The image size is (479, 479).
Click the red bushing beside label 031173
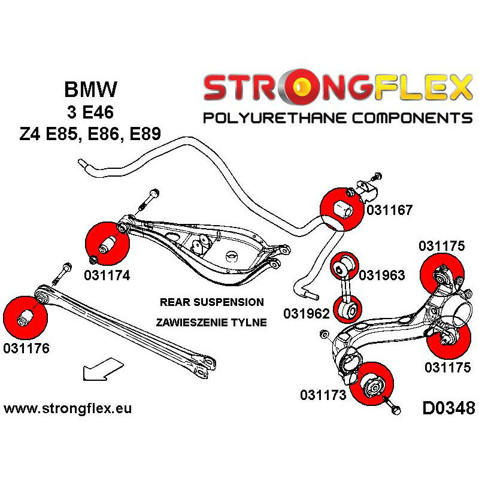[x=371, y=383]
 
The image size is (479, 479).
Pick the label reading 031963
[x=382, y=275]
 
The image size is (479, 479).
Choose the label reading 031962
[x=305, y=313]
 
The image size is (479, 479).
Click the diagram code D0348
[x=448, y=409]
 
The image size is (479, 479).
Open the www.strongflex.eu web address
[x=68, y=409]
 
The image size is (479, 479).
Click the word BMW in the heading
[x=90, y=90]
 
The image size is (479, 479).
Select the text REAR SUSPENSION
[x=211, y=302]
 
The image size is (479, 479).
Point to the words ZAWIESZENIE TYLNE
[x=211, y=322]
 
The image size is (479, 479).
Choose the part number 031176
[x=26, y=348]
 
